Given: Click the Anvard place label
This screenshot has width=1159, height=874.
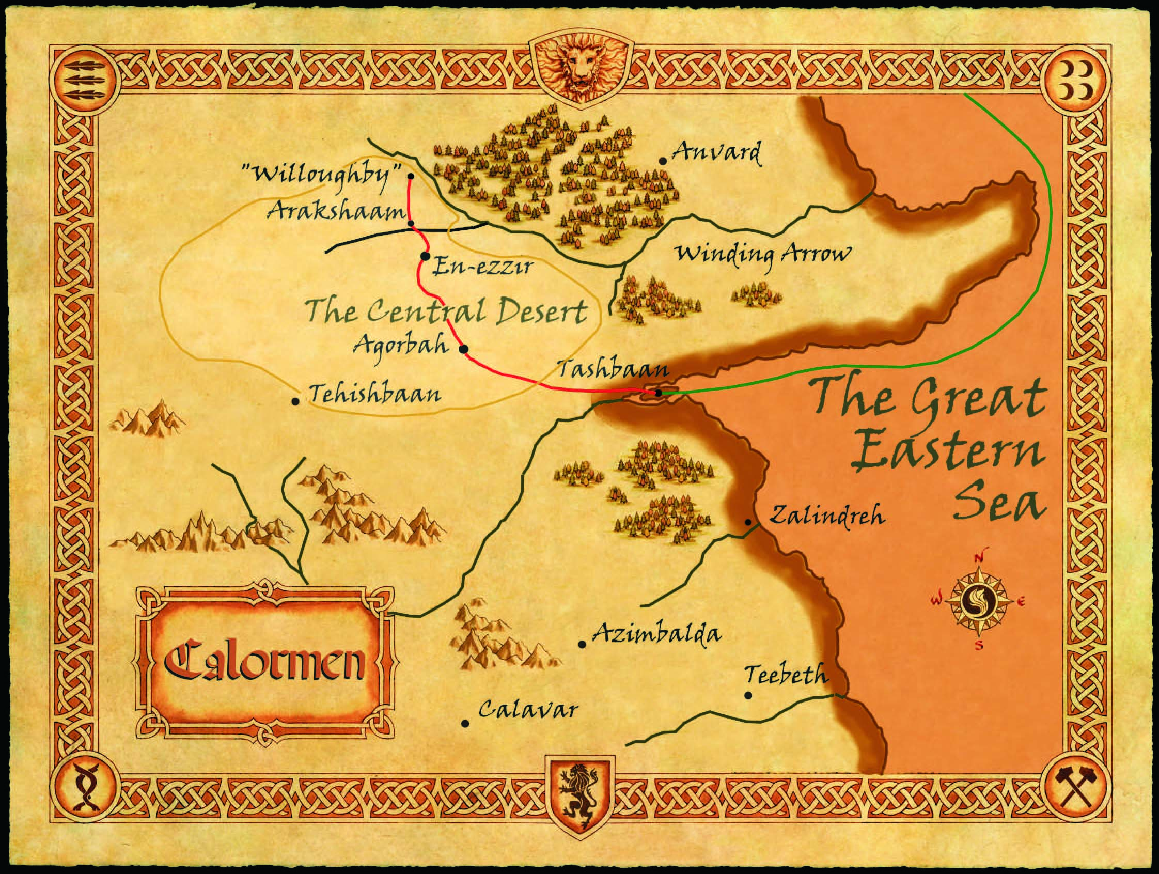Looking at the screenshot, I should [x=716, y=153].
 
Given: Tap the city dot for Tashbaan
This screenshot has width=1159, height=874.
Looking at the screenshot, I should [x=659, y=393].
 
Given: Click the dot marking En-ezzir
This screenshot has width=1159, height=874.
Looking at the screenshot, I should [x=425, y=256].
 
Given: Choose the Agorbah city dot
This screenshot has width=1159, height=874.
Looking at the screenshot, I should [x=463, y=349].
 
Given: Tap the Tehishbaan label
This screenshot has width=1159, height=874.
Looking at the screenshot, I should [x=375, y=394].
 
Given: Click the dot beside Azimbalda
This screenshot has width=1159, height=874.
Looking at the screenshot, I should [x=582, y=644].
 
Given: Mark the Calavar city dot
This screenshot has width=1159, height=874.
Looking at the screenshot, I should [x=465, y=724].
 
